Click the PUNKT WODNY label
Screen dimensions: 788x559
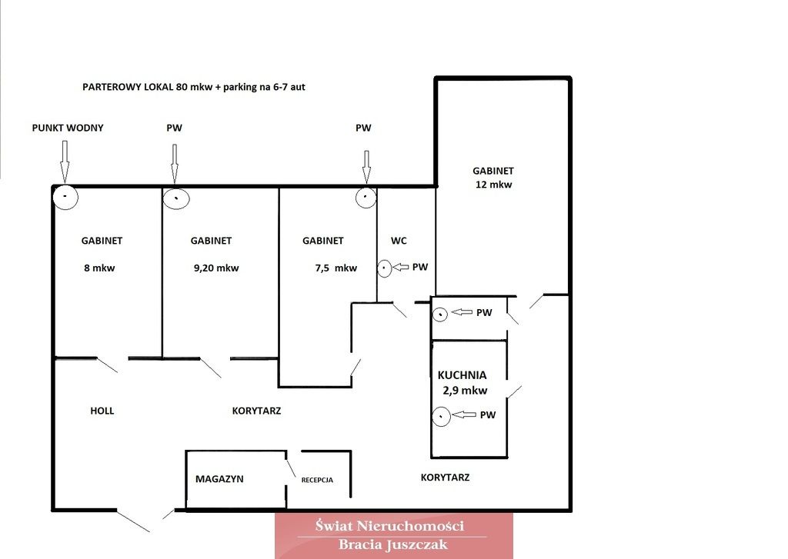68,128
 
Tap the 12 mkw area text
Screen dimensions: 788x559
493,185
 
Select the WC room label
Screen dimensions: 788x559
399,241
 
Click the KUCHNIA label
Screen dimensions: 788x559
462,375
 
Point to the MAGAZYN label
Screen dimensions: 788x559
219,479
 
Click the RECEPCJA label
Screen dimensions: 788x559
317,480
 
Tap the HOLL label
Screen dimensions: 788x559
102,411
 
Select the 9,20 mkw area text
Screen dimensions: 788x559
216,268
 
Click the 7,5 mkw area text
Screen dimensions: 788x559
336,268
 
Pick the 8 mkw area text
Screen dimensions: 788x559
99,268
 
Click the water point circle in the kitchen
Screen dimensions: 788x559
441,416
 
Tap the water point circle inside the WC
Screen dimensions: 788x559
384,268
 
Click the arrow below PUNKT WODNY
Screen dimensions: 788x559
65,161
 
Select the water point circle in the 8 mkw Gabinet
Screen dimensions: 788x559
65,197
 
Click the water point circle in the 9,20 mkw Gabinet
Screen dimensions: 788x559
176,198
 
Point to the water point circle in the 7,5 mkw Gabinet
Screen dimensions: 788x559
366,197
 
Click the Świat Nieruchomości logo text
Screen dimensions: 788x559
389,526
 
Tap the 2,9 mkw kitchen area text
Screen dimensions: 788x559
465,391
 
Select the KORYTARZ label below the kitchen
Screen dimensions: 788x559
446,477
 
